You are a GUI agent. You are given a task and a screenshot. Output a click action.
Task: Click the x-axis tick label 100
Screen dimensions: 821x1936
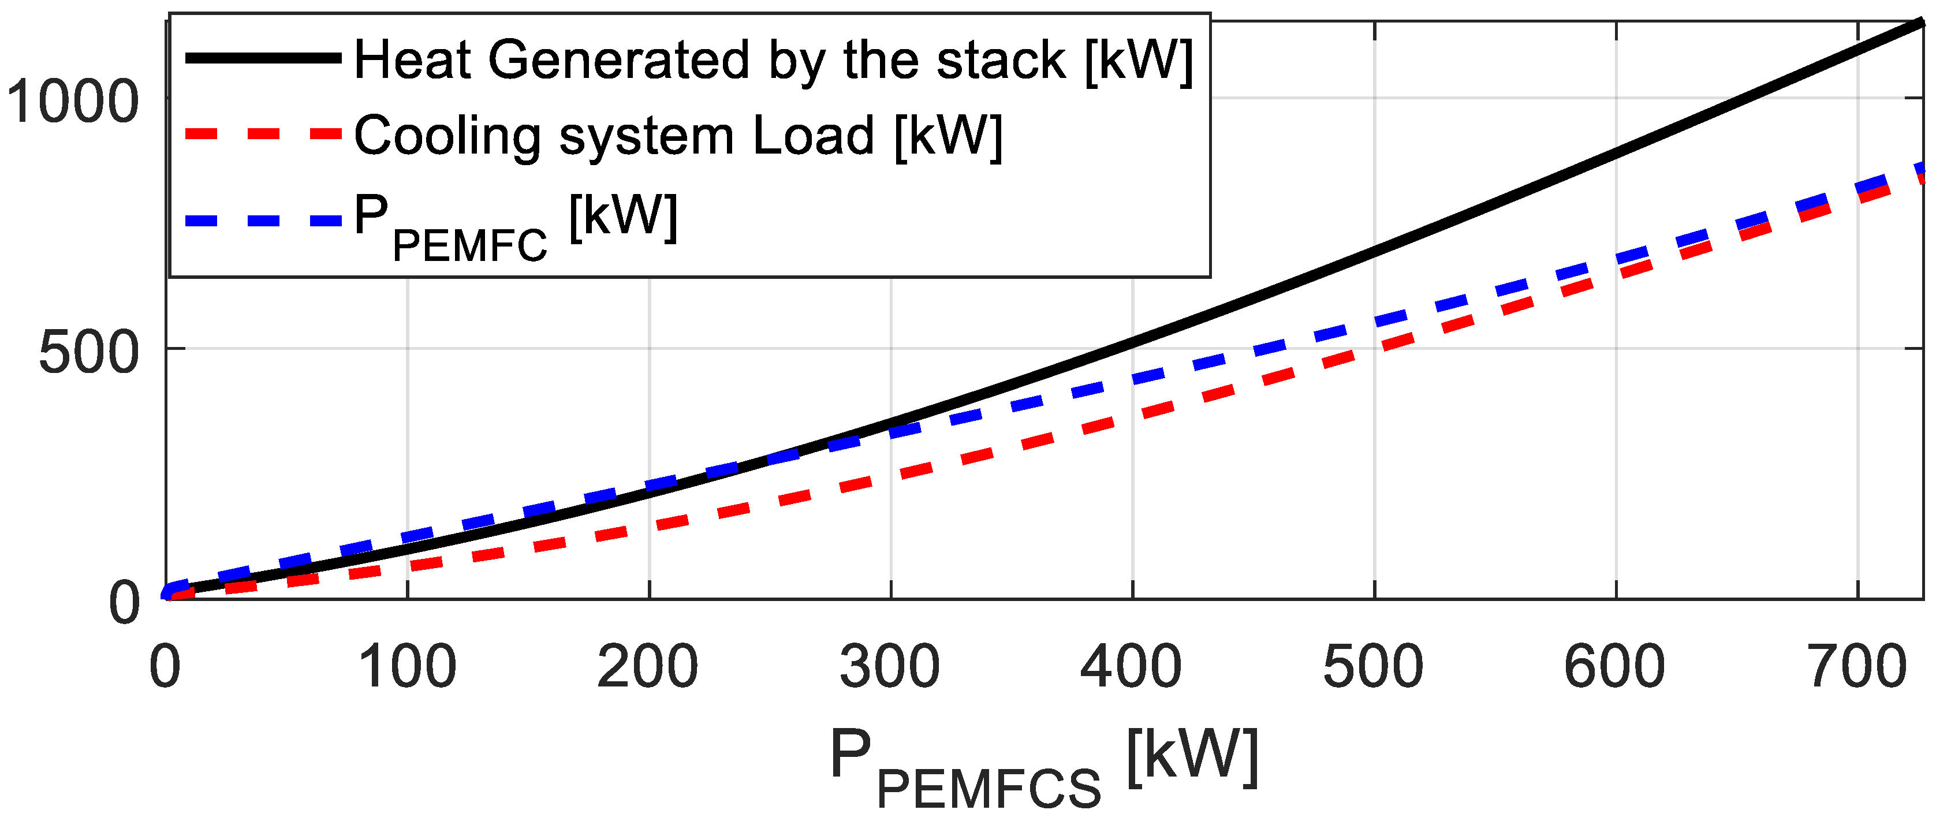point(406,667)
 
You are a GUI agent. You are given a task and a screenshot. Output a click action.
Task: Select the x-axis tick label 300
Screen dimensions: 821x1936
point(890,667)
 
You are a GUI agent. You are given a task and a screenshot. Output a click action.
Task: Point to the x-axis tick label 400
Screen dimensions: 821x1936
point(1131,667)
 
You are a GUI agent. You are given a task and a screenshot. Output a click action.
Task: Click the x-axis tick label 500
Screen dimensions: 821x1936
point(1373,667)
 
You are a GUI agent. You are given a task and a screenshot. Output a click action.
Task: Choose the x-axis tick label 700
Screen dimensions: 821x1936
point(1856,667)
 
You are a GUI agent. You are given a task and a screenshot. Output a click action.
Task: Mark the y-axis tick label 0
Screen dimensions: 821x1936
point(124,602)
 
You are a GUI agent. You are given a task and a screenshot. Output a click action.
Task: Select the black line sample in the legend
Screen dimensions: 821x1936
point(263,58)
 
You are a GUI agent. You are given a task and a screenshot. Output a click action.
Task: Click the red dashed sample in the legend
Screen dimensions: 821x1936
point(263,134)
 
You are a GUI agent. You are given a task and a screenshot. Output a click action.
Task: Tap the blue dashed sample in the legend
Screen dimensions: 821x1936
point(263,221)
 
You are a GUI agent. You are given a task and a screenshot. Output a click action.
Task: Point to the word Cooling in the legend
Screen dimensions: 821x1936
point(446,137)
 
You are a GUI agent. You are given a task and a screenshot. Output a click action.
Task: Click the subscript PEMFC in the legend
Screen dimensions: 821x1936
point(470,246)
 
